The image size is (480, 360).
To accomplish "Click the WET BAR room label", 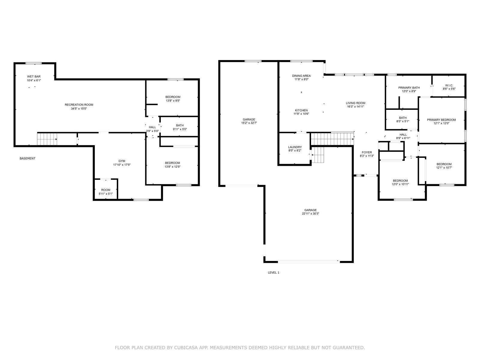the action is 34,76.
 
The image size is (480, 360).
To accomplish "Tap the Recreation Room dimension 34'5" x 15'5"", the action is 79,108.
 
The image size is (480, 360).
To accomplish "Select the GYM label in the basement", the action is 122,161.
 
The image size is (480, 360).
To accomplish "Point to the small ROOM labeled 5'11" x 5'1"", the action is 106,190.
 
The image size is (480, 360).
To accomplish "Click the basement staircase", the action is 47,139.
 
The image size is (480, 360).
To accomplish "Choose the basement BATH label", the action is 180,125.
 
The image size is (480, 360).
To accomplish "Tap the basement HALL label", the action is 152,127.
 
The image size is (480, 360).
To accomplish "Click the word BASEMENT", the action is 28,158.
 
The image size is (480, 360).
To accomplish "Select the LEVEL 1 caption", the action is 274,273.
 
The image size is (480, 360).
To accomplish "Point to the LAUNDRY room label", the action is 295,147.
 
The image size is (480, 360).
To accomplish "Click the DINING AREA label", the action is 301,76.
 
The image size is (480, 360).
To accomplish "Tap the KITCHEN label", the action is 301,110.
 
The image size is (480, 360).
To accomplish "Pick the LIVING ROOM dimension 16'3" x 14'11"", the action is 355,107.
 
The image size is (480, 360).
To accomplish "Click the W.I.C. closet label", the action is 449,85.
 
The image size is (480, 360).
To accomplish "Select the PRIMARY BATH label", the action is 409,88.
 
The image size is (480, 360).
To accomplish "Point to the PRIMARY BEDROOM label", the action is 441,120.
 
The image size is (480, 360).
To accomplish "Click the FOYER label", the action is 367,152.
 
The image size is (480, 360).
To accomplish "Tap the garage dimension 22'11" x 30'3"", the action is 310,214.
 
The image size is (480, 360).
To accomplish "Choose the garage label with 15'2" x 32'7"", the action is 249,120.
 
